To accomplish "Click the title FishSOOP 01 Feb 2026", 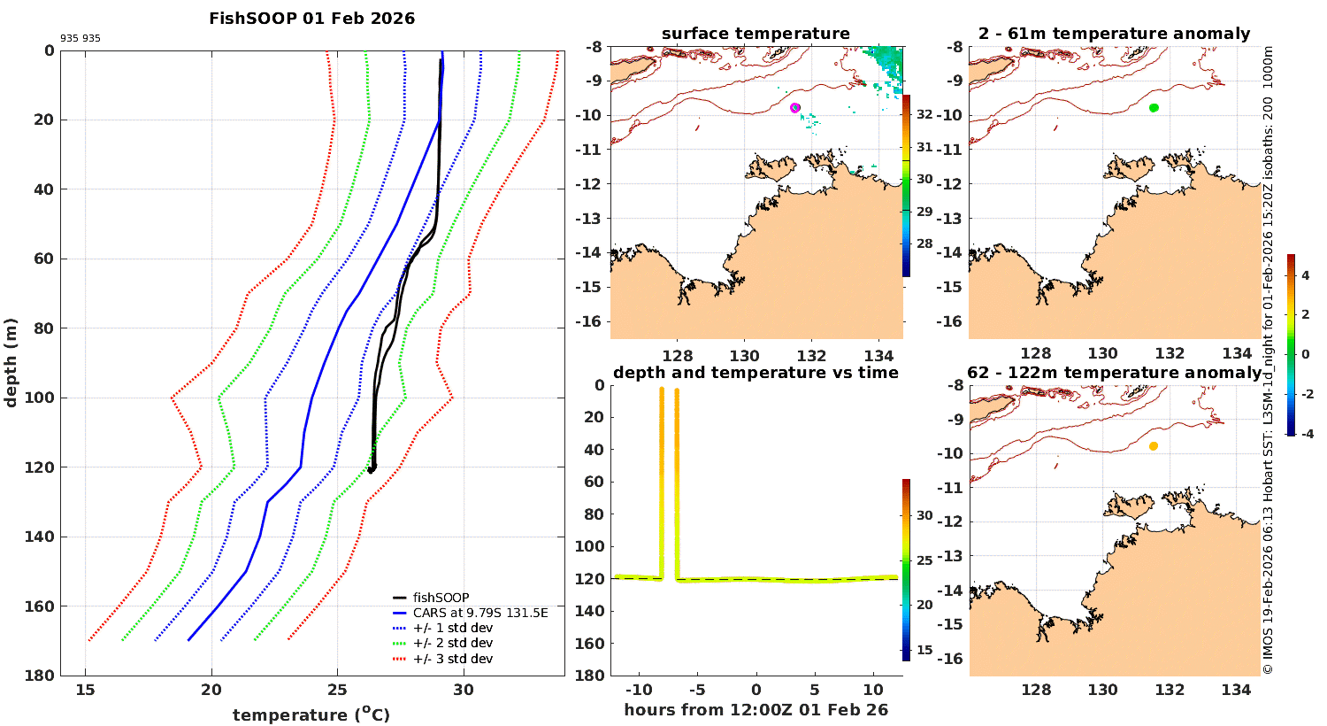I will tap(311, 19).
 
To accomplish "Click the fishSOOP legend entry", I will tap(441, 598).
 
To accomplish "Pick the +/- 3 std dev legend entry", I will tap(452, 659).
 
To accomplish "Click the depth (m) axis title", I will tap(12, 362).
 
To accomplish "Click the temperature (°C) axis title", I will tap(311, 714).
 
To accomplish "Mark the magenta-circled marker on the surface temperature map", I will tap(795, 108).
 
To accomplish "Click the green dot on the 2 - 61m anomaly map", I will tap(1154, 108).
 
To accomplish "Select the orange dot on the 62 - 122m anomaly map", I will tap(1154, 446).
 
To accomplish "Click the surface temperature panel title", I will tap(756, 34).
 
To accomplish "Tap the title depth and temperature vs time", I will tap(756, 373).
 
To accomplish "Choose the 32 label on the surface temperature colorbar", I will tap(924, 115).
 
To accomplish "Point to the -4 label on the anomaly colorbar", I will tap(1305, 433).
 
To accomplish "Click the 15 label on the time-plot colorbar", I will tap(924, 650).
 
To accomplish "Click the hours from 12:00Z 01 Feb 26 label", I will tap(756, 710).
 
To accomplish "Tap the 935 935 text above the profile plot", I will tap(81, 39).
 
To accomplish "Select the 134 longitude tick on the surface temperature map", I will tap(878, 354).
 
